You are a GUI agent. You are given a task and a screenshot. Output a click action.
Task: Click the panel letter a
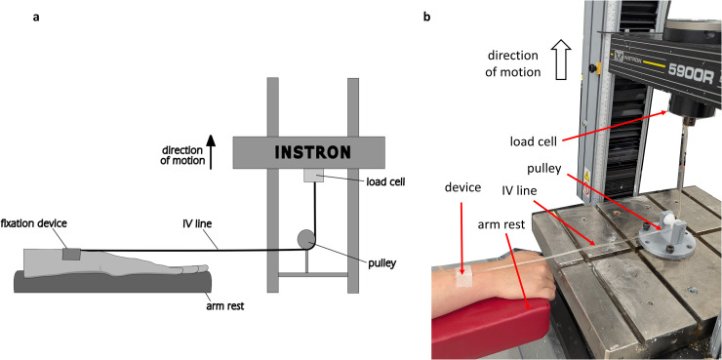click(35, 18)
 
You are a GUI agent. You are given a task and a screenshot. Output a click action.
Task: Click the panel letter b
click(426, 18)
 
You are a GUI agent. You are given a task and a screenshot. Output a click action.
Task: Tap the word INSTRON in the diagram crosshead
click(312, 152)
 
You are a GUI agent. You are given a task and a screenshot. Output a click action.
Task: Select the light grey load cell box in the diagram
click(313, 175)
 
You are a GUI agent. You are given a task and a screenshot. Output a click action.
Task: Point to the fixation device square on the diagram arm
click(71, 254)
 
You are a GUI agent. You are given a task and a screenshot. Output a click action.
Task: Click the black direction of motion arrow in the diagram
click(211, 152)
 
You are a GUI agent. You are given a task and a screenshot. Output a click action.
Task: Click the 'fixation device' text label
click(34, 223)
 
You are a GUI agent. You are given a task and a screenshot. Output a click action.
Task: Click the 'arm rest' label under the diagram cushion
click(224, 305)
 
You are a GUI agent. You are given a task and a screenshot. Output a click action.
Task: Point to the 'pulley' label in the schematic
click(381, 264)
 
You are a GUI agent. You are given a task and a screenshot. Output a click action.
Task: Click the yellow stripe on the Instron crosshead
click(653, 64)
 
